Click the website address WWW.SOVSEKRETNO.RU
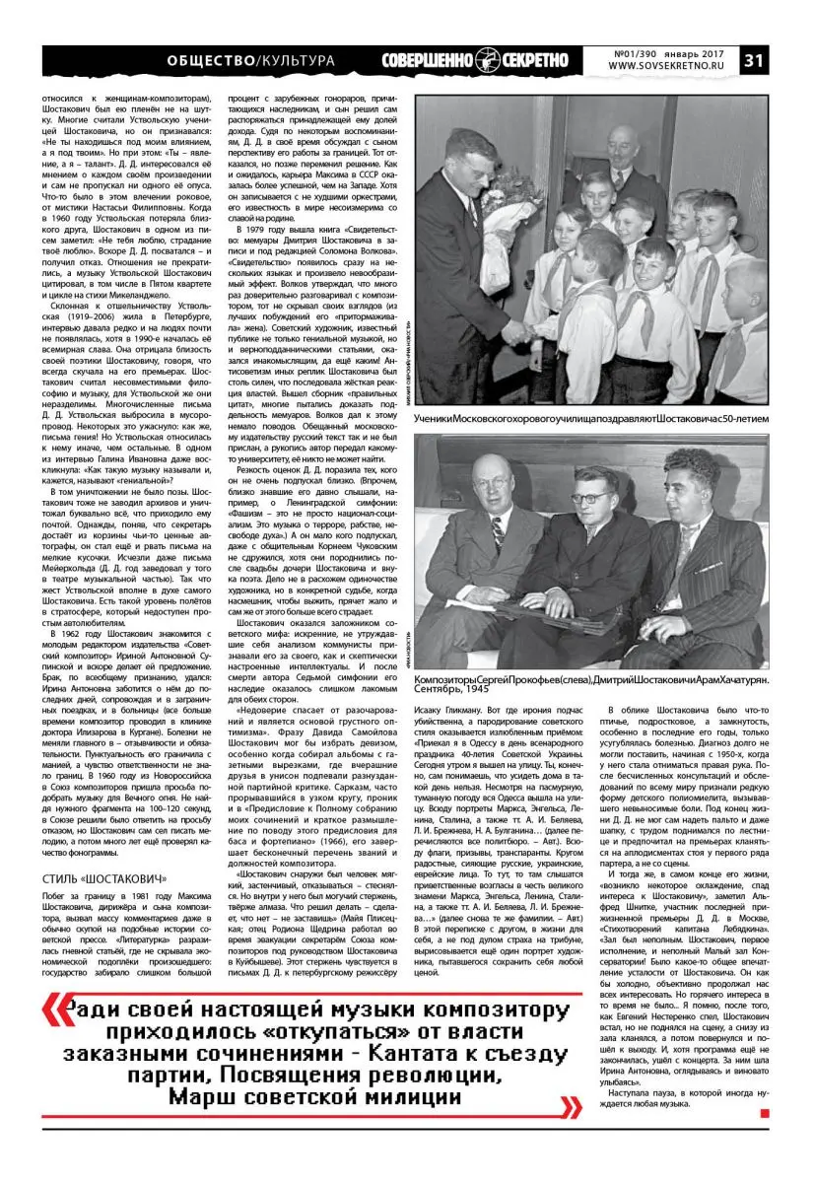pyautogui.click(x=666, y=67)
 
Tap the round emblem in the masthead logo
pyautogui.click(x=486, y=59)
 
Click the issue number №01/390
pyautogui.click(x=634, y=51)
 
